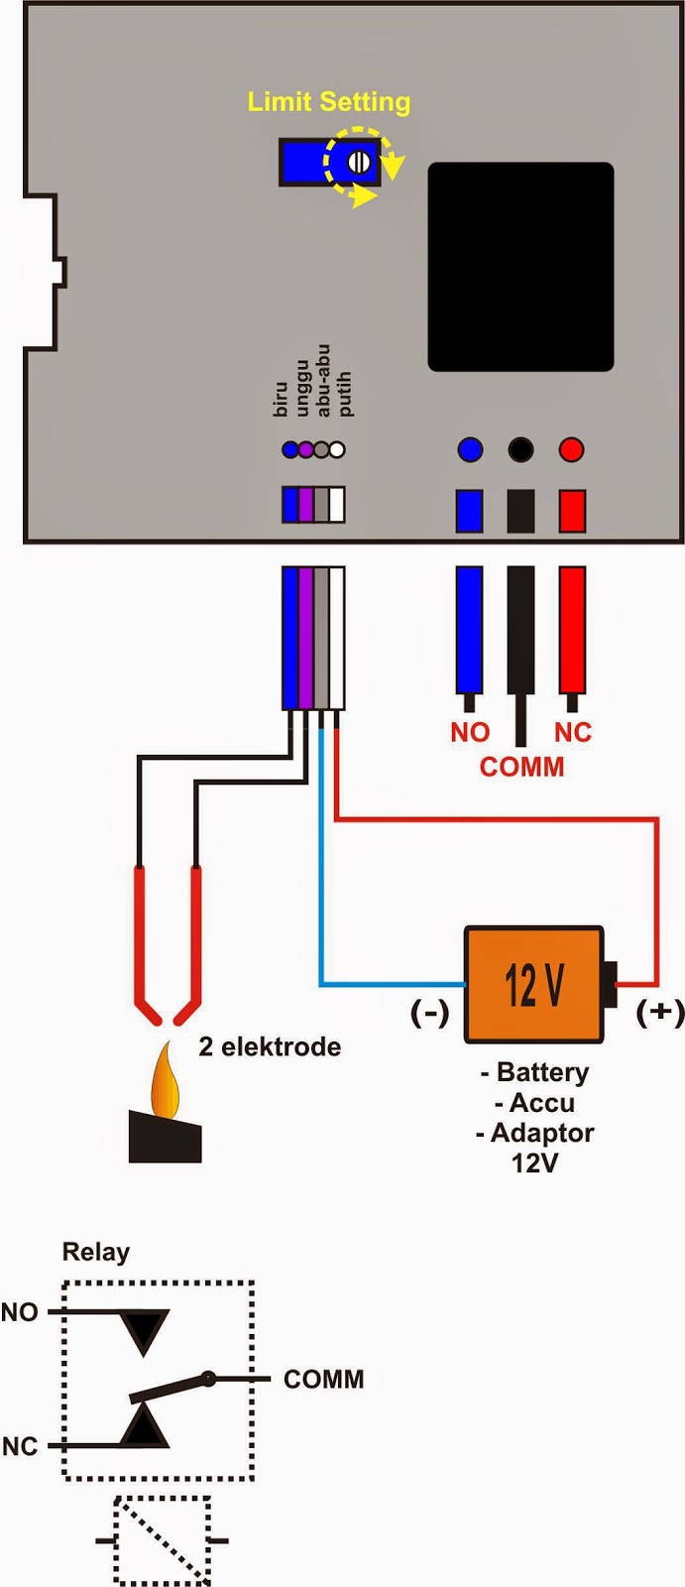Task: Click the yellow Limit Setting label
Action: coord(328,101)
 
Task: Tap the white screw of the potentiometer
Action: coord(359,162)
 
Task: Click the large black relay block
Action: coord(520,267)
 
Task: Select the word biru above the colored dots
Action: coord(281,401)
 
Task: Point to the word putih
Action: coord(344,394)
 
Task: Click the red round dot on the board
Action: coord(571,449)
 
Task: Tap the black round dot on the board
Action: coord(520,449)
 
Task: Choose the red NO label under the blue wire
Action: coord(470,732)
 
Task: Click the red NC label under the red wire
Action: coord(573,732)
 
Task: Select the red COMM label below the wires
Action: coord(521,767)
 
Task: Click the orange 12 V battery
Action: coord(534,984)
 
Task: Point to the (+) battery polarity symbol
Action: coord(659,1012)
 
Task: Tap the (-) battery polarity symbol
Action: coord(430,1013)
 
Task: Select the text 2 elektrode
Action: coord(270,1046)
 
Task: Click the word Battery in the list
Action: coord(542,1072)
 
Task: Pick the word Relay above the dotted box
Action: coord(96,1252)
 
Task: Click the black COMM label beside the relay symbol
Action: coord(323,1379)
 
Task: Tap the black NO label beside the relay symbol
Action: coord(19,1312)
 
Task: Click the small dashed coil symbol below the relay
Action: coord(162,1540)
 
